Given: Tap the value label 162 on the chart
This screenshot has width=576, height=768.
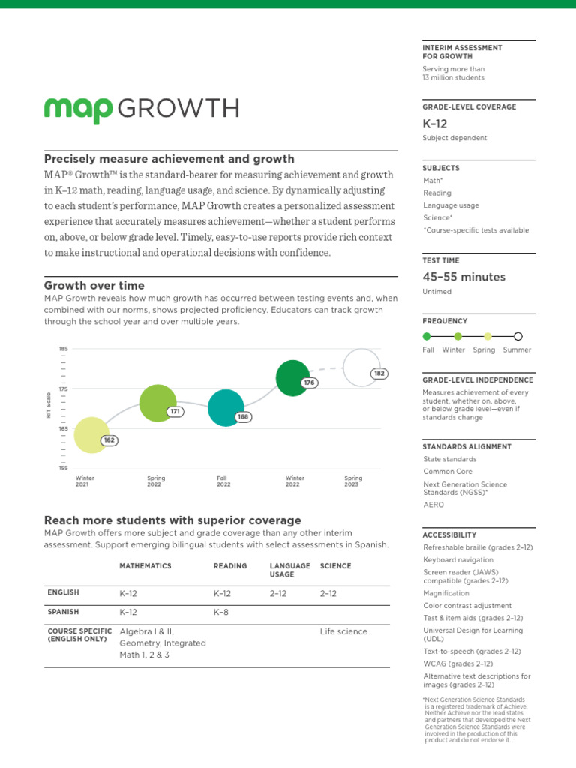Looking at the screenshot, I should tap(109, 440).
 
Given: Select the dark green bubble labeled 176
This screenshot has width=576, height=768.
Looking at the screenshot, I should tap(293, 377).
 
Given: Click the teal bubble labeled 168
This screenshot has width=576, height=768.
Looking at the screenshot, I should tap(226, 408).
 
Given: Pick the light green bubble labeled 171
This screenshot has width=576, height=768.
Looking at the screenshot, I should tap(157, 403).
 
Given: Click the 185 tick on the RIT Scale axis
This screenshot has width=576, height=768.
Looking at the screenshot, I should tap(63, 349).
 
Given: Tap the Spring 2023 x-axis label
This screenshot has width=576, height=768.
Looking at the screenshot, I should tap(353, 481).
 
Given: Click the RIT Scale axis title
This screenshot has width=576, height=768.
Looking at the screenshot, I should tap(49, 406).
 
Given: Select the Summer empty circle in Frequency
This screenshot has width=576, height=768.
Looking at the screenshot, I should tap(518, 337).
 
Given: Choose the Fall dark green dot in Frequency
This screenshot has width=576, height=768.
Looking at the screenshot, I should tap(427, 337).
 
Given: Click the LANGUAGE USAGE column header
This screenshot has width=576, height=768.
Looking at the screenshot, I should tap(289, 570).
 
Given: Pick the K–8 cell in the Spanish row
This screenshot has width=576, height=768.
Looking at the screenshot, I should tap(222, 612).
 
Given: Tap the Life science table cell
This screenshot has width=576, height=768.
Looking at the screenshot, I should tap(343, 631).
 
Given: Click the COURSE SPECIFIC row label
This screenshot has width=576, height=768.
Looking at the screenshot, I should tap(79, 635).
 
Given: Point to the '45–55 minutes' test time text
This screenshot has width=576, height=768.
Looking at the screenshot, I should tap(463, 277).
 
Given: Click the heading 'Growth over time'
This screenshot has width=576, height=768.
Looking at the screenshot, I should tap(94, 285).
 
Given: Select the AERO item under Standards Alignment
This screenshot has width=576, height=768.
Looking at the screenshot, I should tap(433, 505).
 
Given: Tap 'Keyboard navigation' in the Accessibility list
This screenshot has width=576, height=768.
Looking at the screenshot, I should tap(458, 559).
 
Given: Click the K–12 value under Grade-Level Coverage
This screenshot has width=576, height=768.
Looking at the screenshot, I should tap(435, 124).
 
